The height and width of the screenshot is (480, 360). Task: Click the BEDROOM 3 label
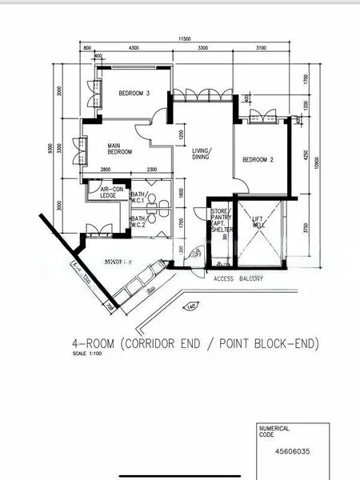coord(134,94)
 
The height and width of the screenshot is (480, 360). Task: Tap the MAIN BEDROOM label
coord(120,149)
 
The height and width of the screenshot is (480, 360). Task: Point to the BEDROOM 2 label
coord(258,160)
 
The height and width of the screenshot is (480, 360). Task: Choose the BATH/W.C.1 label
coord(138,197)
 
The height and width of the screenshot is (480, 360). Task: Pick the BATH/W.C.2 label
coord(138,222)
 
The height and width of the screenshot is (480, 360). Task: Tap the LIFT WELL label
coord(258,222)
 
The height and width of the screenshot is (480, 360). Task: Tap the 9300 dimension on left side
coord(51,149)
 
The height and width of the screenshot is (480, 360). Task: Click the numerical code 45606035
coord(292,450)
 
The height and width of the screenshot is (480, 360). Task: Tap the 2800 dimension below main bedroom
coord(106,169)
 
